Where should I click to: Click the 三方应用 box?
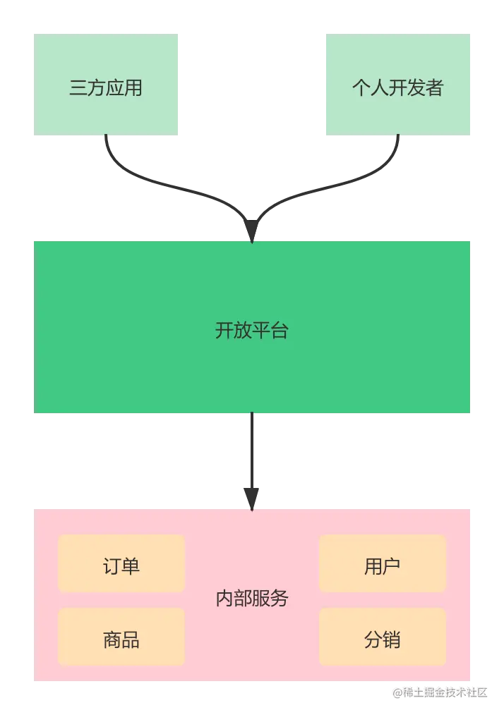click(x=107, y=85)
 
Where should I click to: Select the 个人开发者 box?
click(x=398, y=85)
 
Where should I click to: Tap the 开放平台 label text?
click(x=252, y=330)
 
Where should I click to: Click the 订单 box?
click(x=121, y=564)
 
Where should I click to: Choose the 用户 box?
click(x=383, y=564)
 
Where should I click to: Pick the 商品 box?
click(x=121, y=637)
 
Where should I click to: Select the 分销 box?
click(x=383, y=637)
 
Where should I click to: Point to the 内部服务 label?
click(x=252, y=599)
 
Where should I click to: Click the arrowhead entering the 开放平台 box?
click(x=251, y=231)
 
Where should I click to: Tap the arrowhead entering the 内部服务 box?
click(x=251, y=497)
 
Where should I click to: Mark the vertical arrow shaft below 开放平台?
click(x=251, y=451)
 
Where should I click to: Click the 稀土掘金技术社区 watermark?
click(x=440, y=692)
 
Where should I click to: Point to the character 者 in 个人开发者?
click(x=435, y=88)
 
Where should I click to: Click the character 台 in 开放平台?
click(x=280, y=330)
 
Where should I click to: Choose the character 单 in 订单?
click(x=131, y=566)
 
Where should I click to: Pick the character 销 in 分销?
click(x=392, y=639)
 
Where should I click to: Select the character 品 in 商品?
click(x=131, y=639)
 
